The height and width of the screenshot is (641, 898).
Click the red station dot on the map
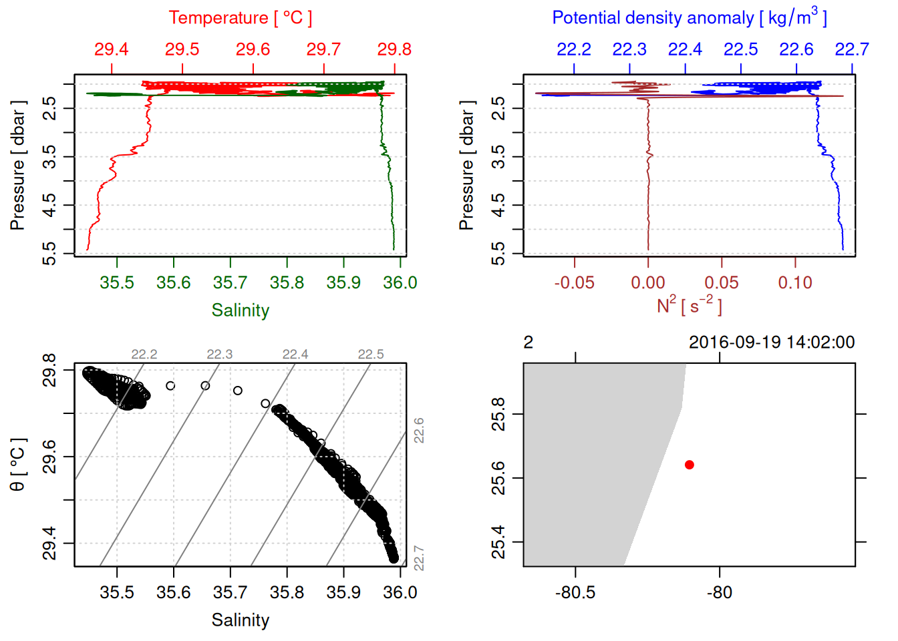click(x=690, y=465)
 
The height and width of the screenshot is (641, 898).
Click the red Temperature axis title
click(x=240, y=18)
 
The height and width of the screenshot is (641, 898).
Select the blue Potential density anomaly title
click(x=689, y=17)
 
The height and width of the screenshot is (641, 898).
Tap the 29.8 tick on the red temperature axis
click(x=394, y=49)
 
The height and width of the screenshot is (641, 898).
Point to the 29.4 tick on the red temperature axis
click(x=111, y=49)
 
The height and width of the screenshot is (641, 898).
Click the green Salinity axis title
click(x=240, y=310)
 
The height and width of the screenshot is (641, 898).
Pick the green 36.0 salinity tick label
click(x=400, y=283)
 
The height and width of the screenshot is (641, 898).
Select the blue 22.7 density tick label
click(x=851, y=49)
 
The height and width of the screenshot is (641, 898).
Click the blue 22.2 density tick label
click(x=574, y=49)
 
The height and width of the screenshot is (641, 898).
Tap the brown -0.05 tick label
click(x=574, y=283)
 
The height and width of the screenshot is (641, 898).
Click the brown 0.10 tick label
click(x=795, y=283)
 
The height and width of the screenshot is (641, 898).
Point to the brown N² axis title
click(x=689, y=306)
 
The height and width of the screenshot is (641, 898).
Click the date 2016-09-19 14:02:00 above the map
click(x=772, y=343)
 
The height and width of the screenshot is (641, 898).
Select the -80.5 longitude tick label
click(x=575, y=592)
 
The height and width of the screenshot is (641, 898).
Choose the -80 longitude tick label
click(x=719, y=592)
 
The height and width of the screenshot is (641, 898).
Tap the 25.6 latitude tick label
click(x=498, y=478)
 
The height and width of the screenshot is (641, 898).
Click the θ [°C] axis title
click(x=18, y=465)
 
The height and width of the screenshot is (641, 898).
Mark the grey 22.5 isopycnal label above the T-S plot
click(x=371, y=355)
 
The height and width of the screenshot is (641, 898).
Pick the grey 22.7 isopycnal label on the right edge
click(x=419, y=558)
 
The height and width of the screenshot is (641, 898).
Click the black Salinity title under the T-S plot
click(x=240, y=620)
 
